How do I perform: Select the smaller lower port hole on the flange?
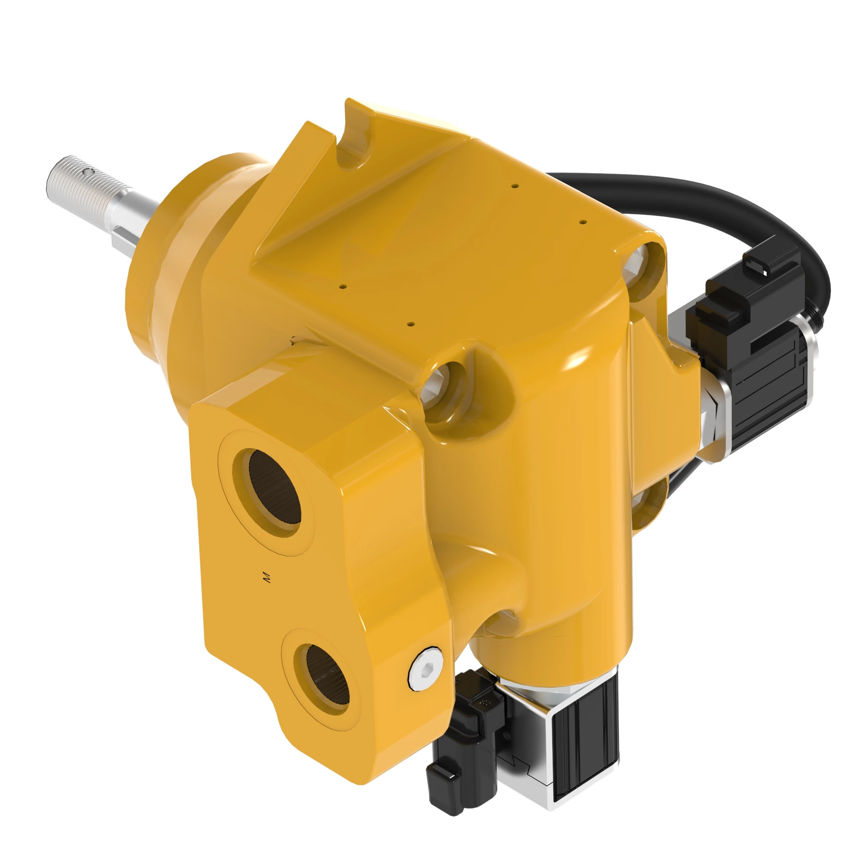pos(328,674)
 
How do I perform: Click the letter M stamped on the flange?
pos(268,577)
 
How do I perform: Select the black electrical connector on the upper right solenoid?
pos(752,295)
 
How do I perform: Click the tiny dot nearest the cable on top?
pos(583,221)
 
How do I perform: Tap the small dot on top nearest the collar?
pos(343,287)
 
